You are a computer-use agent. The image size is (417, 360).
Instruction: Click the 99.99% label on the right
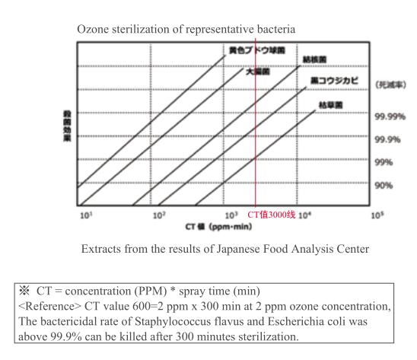[x=390, y=117]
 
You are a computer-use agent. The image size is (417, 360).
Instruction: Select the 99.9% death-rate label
[x=389, y=140]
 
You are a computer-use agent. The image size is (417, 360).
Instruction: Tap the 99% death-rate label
[x=386, y=163]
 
